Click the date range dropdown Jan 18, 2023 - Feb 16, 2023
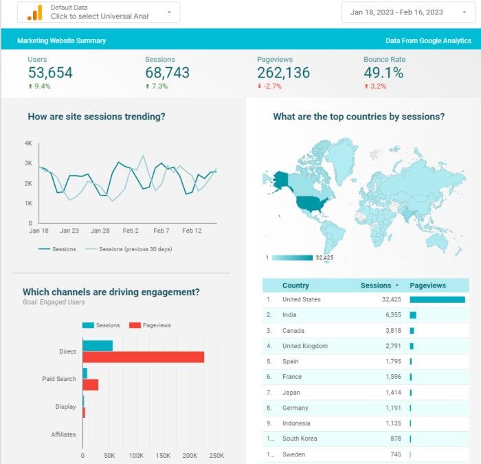click(408, 12)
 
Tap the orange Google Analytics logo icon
click(34, 13)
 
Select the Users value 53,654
click(50, 73)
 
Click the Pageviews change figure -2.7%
click(272, 86)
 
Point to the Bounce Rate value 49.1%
click(383, 73)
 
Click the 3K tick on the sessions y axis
click(28, 163)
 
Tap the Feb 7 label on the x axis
click(161, 231)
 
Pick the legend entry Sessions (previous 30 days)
click(135, 249)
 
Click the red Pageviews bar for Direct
click(144, 357)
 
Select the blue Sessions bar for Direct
click(98, 346)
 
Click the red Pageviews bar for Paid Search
click(91, 384)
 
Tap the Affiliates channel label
click(63, 434)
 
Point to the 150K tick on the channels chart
click(163, 455)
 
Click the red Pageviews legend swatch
click(135, 325)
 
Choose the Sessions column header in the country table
click(376, 286)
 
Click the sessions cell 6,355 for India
click(393, 315)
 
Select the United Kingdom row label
click(305, 346)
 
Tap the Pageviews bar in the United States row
click(438, 299)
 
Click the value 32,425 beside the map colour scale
click(324, 257)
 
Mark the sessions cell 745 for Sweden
click(396, 454)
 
